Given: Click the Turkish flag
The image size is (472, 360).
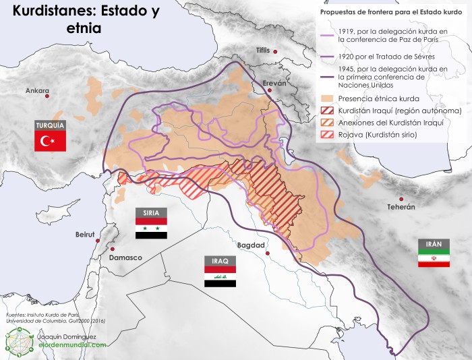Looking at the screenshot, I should click(x=50, y=141).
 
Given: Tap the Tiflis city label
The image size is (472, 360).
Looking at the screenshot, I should click(x=262, y=51).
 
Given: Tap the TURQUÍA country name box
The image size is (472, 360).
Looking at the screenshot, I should click(x=50, y=125).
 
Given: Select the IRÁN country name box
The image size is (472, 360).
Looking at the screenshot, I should click(x=434, y=243).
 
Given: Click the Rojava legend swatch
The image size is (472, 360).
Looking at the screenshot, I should click(x=326, y=136).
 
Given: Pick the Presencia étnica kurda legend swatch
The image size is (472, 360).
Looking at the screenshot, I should click(x=326, y=97).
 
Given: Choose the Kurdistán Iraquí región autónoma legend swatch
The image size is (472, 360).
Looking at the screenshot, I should click(x=326, y=110).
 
